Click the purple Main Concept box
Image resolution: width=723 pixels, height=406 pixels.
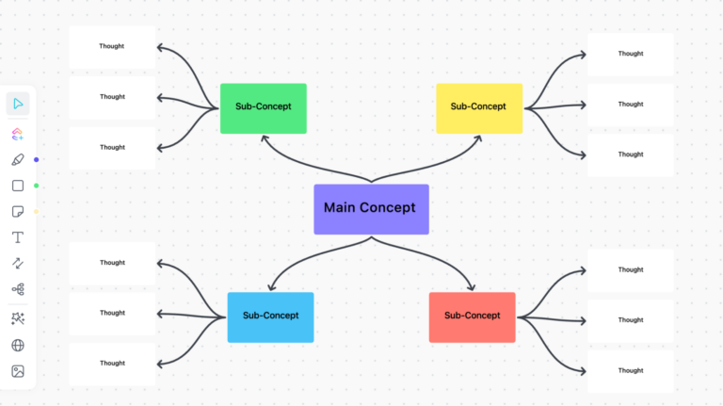pyautogui.click(x=371, y=208)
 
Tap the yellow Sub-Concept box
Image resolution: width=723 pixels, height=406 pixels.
pyautogui.click(x=478, y=107)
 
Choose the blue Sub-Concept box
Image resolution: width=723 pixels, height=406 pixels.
pyautogui.click(x=270, y=317)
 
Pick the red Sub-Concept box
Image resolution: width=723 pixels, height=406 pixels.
pyautogui.click(x=472, y=317)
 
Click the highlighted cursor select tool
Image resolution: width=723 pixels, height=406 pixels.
pyautogui.click(x=18, y=104)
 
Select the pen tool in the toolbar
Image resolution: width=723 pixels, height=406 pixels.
pyautogui.click(x=18, y=159)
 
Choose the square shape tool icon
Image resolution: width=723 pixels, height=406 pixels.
pyautogui.click(x=18, y=186)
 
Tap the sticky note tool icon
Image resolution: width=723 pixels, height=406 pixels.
pyautogui.click(x=18, y=211)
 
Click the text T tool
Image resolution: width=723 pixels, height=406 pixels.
pyautogui.click(x=18, y=237)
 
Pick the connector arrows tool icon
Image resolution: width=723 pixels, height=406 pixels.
pyautogui.click(x=18, y=263)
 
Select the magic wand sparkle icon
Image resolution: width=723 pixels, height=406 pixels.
pyautogui.click(x=18, y=319)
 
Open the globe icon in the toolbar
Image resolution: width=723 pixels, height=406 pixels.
pyautogui.click(x=18, y=346)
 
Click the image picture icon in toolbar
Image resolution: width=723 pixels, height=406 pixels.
pyautogui.click(x=18, y=371)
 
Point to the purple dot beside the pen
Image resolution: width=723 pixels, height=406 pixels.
pyautogui.click(x=37, y=159)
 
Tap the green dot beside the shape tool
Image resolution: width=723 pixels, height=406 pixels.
pyautogui.click(x=37, y=186)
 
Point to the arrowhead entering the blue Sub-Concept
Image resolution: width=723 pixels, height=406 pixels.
pyautogui.click(x=271, y=288)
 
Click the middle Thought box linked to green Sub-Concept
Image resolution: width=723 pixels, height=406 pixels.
pyautogui.click(x=112, y=97)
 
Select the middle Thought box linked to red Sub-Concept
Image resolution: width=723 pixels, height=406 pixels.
pyautogui.click(x=630, y=320)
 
